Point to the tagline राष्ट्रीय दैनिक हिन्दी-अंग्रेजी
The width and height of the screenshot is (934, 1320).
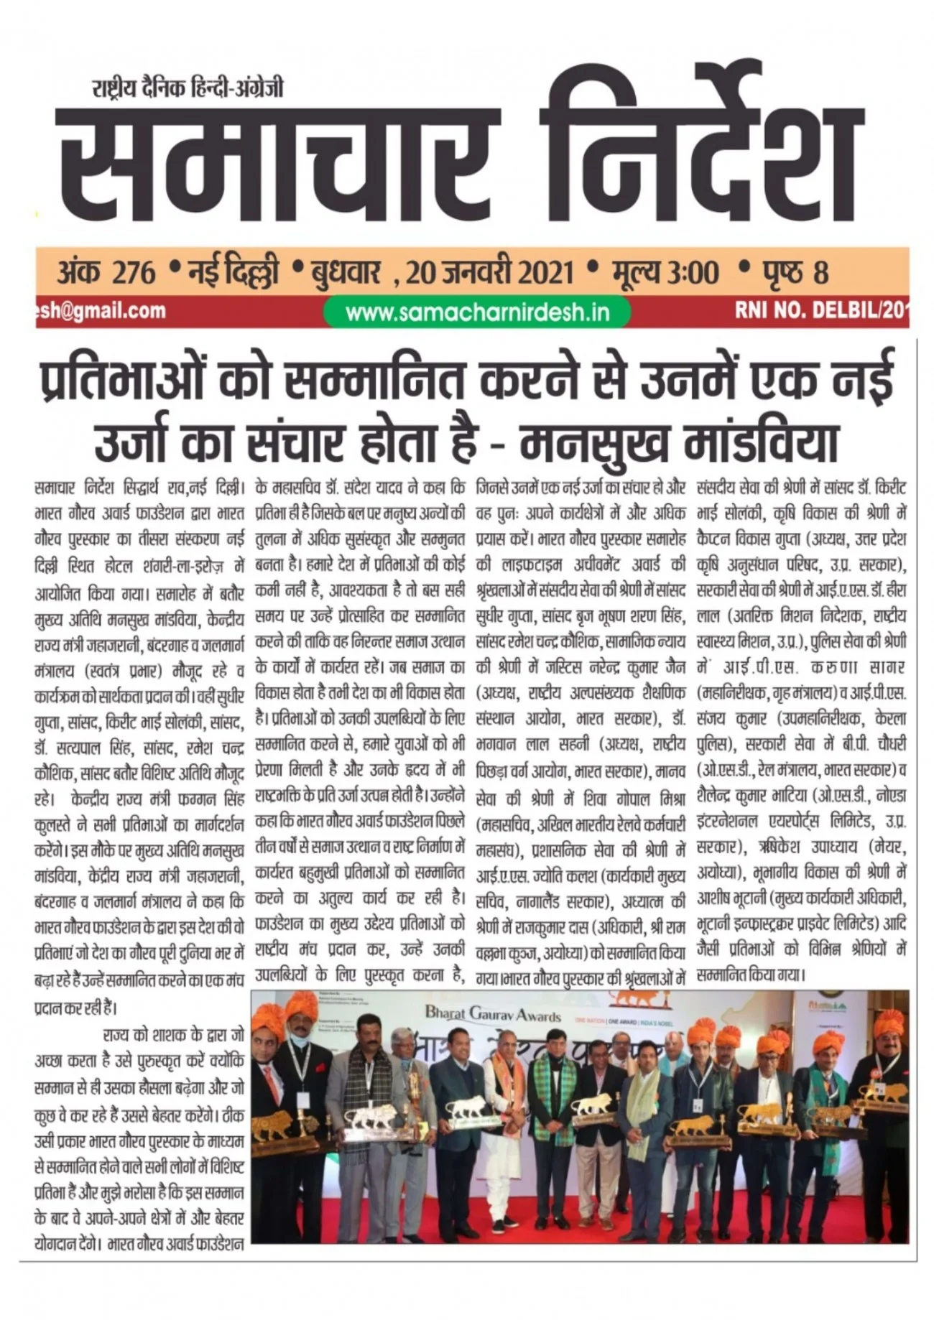[188, 88]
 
